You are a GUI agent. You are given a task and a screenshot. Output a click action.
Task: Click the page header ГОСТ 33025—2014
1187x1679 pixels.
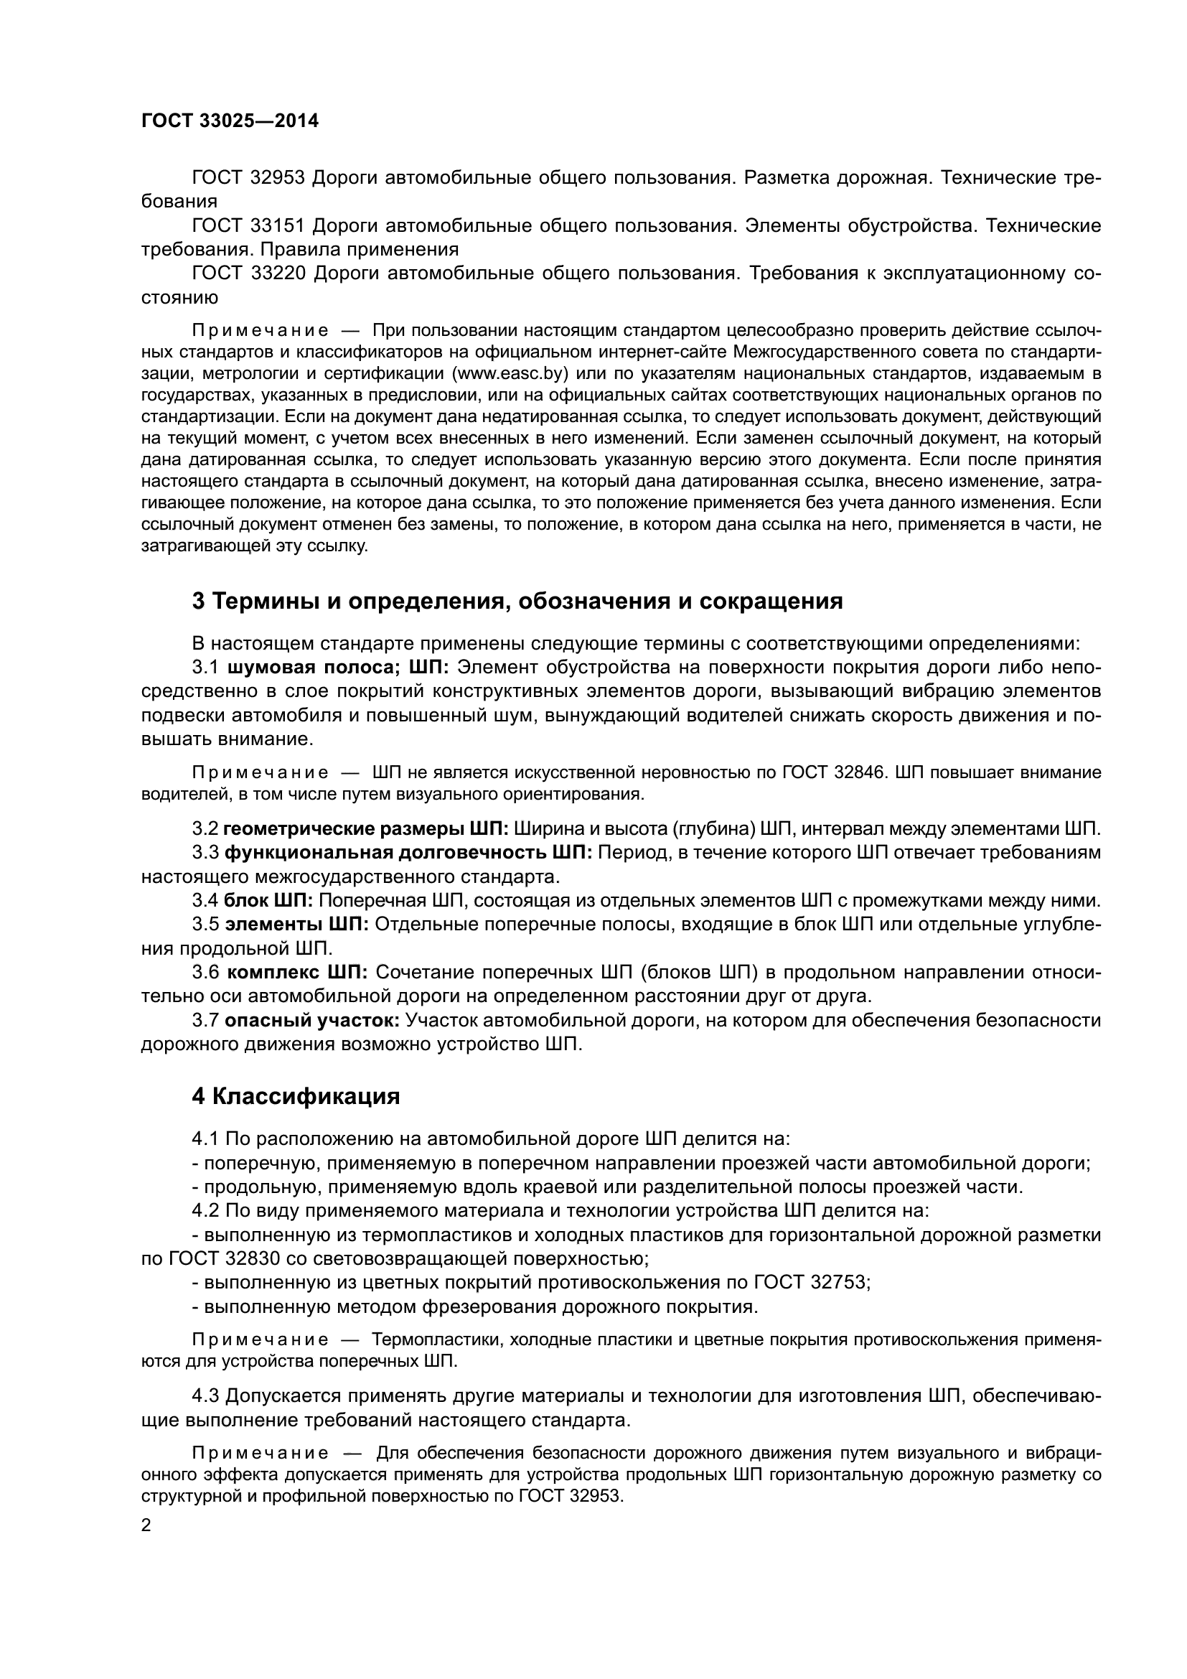[x=230, y=121]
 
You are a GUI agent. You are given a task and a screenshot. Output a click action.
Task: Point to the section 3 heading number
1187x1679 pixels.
[x=198, y=601]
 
